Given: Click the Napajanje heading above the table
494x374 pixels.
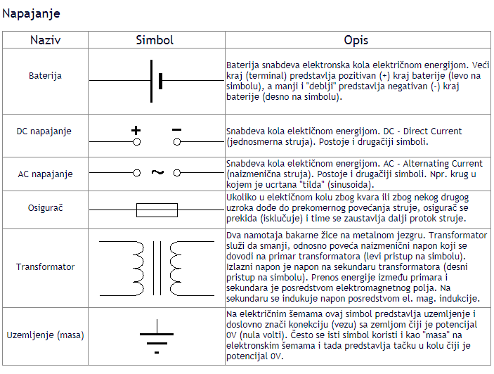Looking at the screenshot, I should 30,13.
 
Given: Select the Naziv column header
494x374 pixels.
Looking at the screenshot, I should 45,40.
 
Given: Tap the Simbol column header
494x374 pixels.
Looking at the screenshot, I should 155,40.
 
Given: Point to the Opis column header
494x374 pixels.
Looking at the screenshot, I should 356,40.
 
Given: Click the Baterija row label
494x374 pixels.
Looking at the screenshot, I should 45,75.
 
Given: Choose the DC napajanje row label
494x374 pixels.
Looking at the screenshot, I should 44,131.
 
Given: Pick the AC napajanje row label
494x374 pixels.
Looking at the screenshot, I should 44,173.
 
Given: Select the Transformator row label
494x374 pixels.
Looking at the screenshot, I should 45,267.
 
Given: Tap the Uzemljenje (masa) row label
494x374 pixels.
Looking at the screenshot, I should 45,335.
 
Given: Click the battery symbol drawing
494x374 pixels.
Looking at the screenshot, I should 156,81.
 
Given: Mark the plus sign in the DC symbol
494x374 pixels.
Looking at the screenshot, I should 136,130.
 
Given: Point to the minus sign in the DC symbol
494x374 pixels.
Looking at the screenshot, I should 176,129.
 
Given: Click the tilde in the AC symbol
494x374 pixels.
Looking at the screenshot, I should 157,172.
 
